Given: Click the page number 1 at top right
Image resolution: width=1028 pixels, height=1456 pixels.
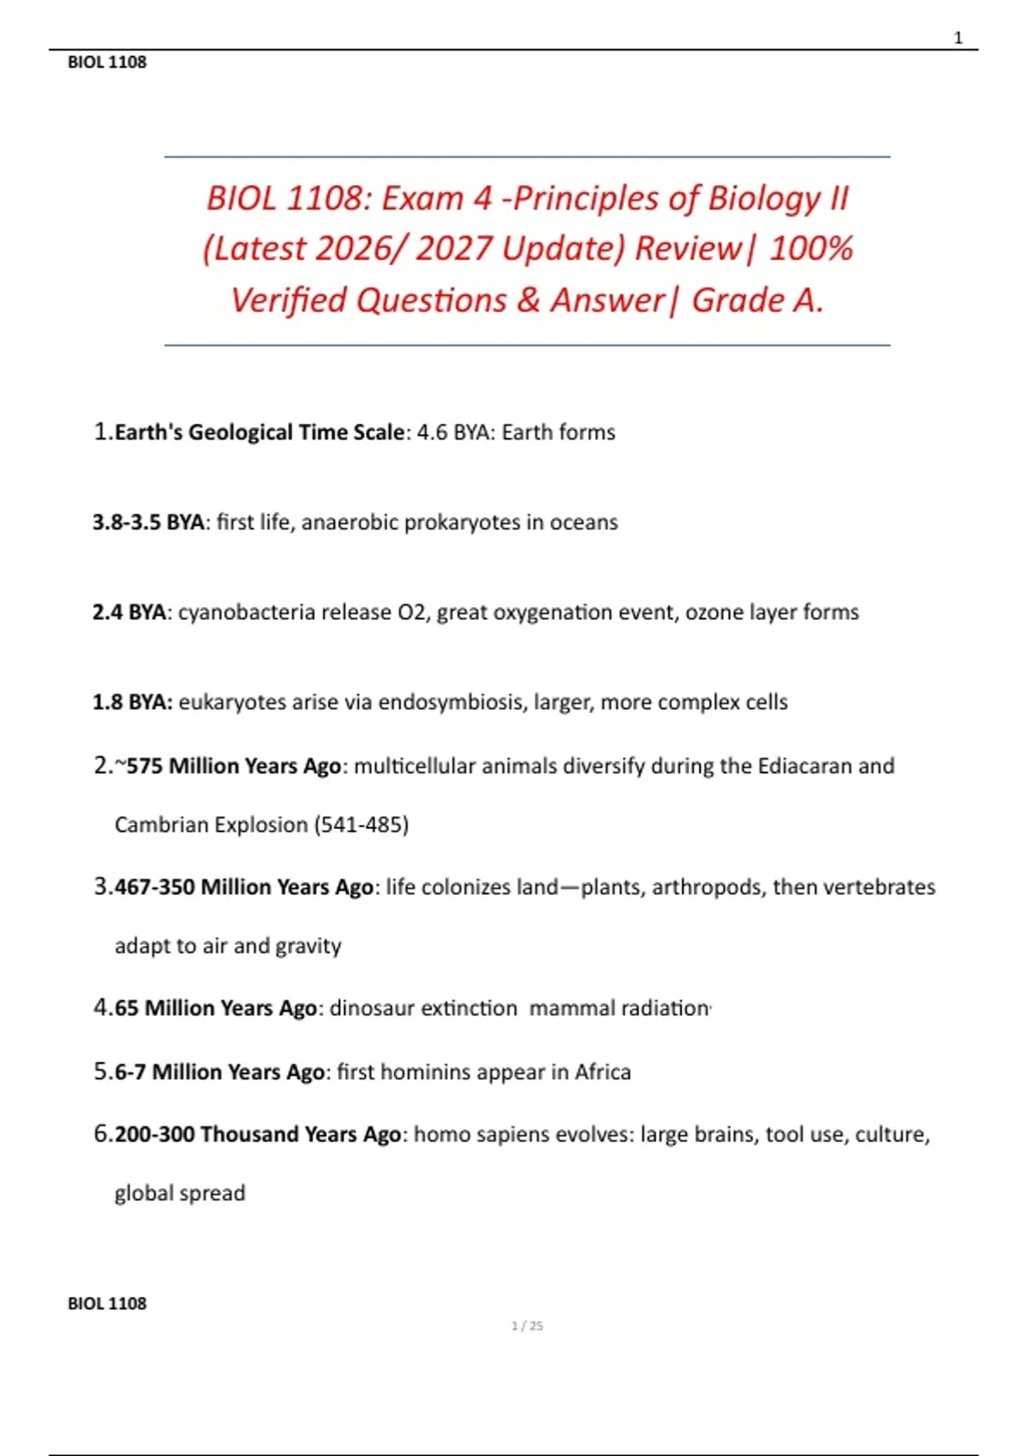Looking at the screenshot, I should (x=958, y=38).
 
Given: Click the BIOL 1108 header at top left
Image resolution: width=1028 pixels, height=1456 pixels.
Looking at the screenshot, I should (x=107, y=63).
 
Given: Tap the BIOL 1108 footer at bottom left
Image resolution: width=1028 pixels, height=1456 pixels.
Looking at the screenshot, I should (x=107, y=1304).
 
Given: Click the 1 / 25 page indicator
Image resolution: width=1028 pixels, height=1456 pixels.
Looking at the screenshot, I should (x=527, y=1326).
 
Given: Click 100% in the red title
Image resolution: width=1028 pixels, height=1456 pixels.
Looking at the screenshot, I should (x=810, y=249).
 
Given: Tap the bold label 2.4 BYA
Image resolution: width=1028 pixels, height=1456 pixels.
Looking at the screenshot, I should (x=129, y=612).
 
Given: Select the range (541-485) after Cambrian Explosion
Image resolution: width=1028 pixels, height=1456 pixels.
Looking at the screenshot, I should (x=362, y=825).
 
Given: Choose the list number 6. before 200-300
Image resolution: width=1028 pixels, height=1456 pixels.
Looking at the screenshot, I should (x=102, y=1135).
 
